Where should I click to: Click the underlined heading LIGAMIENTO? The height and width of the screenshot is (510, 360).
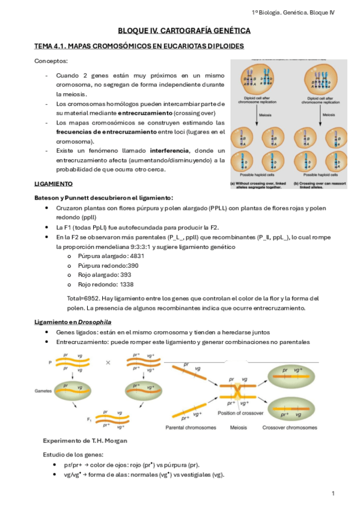click(53, 183)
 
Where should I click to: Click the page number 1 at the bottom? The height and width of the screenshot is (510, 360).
click(332, 494)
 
